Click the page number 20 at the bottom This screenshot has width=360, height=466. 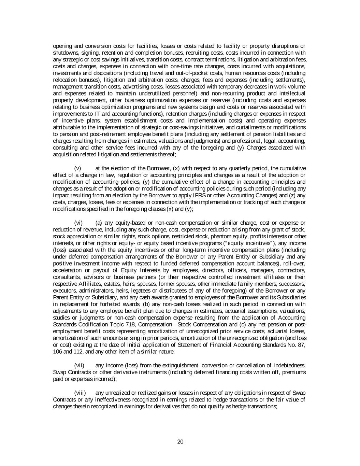click(x=181, y=442)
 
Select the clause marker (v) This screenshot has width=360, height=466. click(x=77, y=168)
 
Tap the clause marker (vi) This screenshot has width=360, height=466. click(x=78, y=223)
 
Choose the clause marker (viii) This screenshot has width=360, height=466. click(x=80, y=393)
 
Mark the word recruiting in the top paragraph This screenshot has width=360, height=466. click(x=213, y=53)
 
